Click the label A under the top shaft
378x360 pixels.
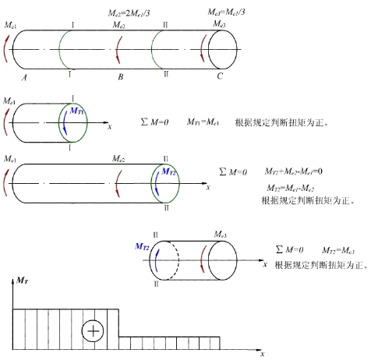click(24, 77)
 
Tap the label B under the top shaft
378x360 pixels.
click(121, 77)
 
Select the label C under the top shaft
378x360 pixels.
click(220, 76)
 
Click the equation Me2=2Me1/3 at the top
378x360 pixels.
click(129, 13)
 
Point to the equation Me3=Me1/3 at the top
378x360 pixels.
click(226, 12)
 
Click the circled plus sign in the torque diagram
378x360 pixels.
click(93, 331)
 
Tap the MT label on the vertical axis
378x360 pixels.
click(23, 281)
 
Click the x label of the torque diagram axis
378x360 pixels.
click(263, 354)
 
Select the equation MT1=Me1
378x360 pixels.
click(203, 122)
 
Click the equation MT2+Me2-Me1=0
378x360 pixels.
click(294, 171)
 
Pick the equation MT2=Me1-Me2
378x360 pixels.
click(291, 188)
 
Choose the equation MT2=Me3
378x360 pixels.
click(338, 250)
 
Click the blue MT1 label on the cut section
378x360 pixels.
click(77, 111)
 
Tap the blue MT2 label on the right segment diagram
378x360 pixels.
click(142, 246)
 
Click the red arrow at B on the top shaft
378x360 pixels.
click(118, 50)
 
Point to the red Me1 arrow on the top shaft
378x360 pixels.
click(5, 49)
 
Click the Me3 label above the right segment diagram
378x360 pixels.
click(220, 235)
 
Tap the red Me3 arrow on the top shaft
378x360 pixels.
click(202, 49)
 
